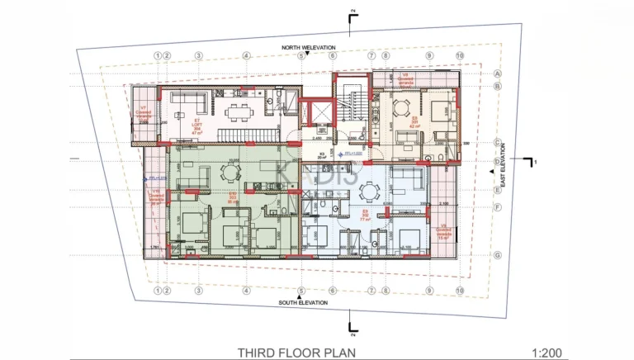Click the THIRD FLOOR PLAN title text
point(296,353)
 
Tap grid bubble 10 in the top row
point(459,56)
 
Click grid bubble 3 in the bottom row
point(198,291)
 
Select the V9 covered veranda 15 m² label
point(443,231)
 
